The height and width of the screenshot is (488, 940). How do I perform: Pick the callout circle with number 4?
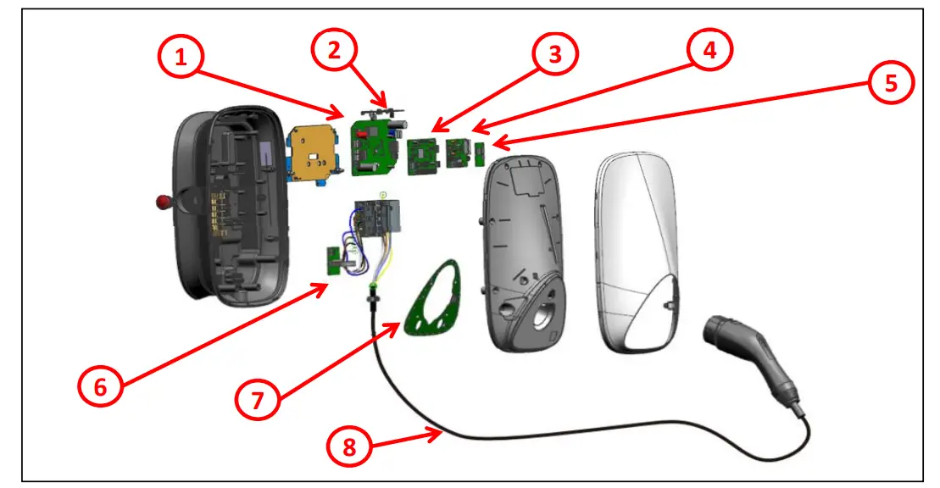[709, 50]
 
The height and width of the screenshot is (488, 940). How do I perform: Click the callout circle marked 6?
[101, 386]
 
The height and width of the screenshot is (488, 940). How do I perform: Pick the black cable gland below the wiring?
[370, 298]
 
